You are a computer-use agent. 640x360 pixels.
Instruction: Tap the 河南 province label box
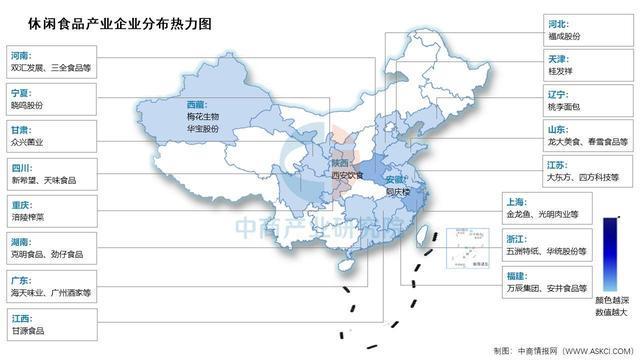pos(20,57)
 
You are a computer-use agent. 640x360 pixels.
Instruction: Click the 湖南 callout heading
pos(20,242)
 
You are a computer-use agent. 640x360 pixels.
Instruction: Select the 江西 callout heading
pos(20,316)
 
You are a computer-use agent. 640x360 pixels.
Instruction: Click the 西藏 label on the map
pos(198,103)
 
